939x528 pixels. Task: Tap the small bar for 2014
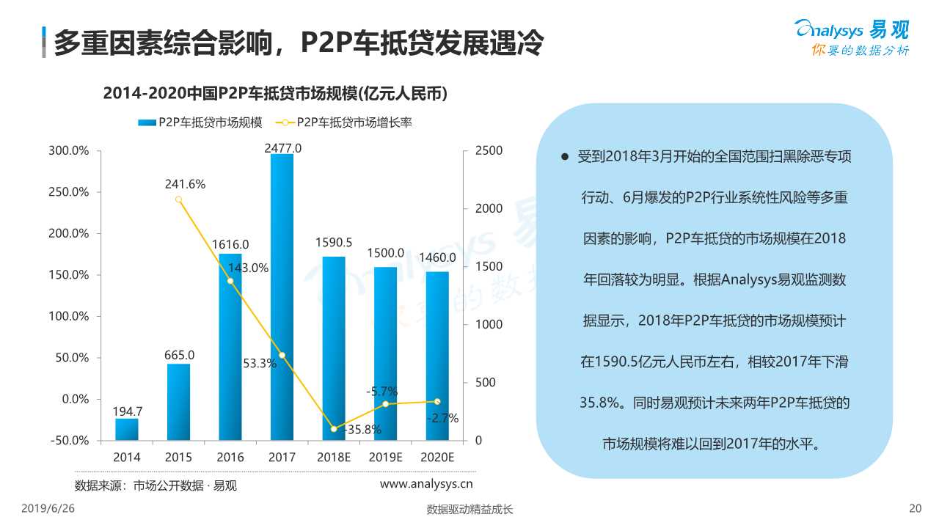pyautogui.click(x=127, y=429)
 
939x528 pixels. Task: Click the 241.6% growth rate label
pyautogui.click(x=185, y=184)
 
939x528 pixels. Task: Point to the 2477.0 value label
pyautogui.click(x=282, y=148)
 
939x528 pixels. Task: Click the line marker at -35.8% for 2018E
pyautogui.click(x=334, y=429)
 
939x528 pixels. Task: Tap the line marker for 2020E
pyautogui.click(x=437, y=401)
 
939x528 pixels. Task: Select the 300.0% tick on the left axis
pyautogui.click(x=69, y=150)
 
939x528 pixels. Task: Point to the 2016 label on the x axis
pyautogui.click(x=230, y=457)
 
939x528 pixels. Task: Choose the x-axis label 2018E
pyautogui.click(x=334, y=457)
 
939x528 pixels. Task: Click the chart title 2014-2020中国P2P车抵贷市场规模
pyautogui.click(x=275, y=93)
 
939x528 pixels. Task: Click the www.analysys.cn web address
pyautogui.click(x=425, y=483)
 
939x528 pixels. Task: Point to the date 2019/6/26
pyautogui.click(x=48, y=508)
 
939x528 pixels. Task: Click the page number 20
pyautogui.click(x=914, y=508)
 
